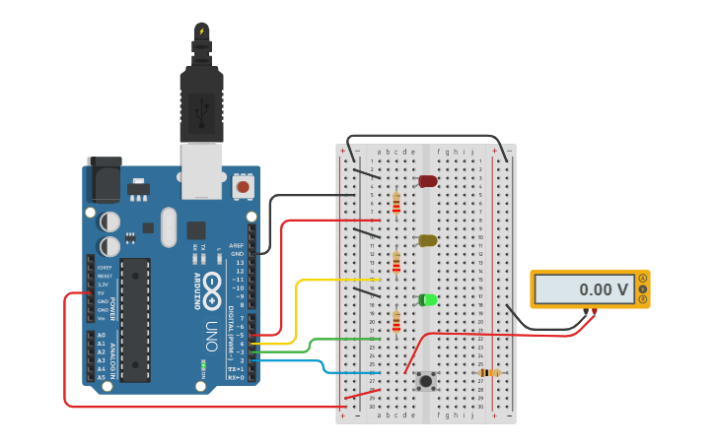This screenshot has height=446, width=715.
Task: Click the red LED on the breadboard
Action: coord(427,181)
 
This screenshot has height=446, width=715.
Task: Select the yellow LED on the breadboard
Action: coord(427,240)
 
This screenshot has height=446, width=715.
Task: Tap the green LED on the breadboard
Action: coord(427,299)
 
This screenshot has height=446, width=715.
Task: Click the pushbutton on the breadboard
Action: coord(426,381)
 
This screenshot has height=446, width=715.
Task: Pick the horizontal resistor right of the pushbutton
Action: coord(489,373)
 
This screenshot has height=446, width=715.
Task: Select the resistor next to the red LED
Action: coord(396,203)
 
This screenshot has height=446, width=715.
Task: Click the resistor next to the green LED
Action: coord(396,321)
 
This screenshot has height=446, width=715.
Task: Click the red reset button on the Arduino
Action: coord(243,185)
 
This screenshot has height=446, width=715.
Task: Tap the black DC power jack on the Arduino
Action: coord(103,179)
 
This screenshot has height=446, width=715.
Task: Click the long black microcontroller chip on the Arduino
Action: coord(135,319)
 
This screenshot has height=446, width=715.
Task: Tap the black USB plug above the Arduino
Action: coord(201,103)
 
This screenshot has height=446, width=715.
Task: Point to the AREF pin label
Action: coord(236,245)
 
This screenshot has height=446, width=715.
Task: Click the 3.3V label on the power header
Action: coord(102,285)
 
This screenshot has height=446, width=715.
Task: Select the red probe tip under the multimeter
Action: coord(594,311)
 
